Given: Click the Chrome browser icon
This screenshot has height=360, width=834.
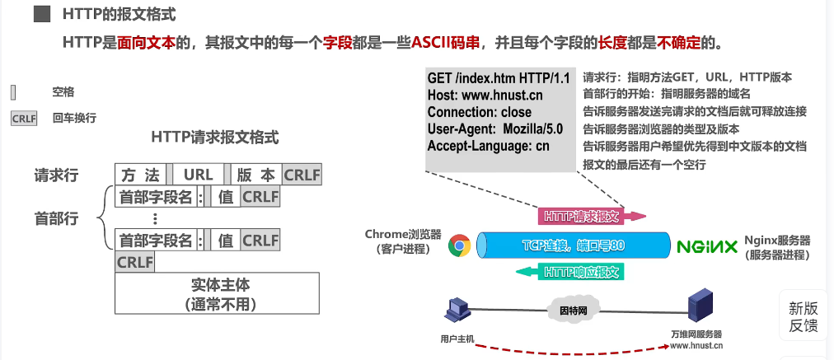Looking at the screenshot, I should click(x=459, y=245).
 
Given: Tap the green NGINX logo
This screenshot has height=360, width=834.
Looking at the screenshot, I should click(x=706, y=245).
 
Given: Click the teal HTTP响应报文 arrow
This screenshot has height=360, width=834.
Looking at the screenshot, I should click(x=582, y=271).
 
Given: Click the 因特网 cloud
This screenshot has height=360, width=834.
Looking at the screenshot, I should click(x=568, y=311).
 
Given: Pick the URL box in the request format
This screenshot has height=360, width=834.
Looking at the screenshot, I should click(x=199, y=175).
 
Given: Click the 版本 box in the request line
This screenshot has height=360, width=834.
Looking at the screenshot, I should click(x=255, y=175).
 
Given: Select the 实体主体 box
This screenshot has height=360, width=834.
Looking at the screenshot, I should click(x=216, y=293).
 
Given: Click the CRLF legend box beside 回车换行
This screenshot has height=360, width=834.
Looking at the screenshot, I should click(x=25, y=118).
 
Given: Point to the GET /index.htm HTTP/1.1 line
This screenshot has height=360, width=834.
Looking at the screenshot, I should click(x=499, y=77).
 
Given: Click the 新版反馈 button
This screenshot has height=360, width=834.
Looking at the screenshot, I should click(x=804, y=316).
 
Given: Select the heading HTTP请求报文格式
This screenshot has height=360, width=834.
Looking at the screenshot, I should click(x=215, y=138).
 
